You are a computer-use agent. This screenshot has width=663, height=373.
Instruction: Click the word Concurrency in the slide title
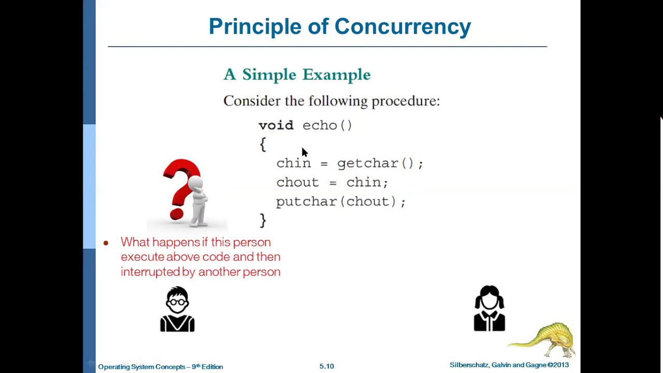(402, 27)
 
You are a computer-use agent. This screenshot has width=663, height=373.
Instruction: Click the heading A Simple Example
(297, 75)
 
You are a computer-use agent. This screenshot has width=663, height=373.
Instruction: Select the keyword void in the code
(276, 125)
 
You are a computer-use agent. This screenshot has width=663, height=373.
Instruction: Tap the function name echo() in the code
(327, 125)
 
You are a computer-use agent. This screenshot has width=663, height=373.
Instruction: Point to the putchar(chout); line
(340, 202)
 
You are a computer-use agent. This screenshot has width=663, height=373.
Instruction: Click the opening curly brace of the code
(263, 145)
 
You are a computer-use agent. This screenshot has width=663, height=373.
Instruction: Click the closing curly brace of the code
(263, 221)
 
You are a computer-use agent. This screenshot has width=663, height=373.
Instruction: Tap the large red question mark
(180, 187)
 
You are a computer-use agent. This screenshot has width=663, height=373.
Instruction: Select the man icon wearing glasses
(177, 309)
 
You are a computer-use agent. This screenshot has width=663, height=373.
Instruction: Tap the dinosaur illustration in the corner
(544, 339)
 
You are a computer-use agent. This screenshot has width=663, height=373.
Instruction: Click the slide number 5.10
(326, 366)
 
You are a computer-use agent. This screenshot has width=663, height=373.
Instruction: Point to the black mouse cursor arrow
(304, 152)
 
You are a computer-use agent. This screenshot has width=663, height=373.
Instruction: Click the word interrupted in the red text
(150, 271)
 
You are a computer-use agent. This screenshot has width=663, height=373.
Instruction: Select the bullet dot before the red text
(106, 243)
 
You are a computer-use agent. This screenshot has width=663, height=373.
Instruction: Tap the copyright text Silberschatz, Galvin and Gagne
(497, 365)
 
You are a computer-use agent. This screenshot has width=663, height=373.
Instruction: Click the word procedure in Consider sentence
(405, 101)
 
